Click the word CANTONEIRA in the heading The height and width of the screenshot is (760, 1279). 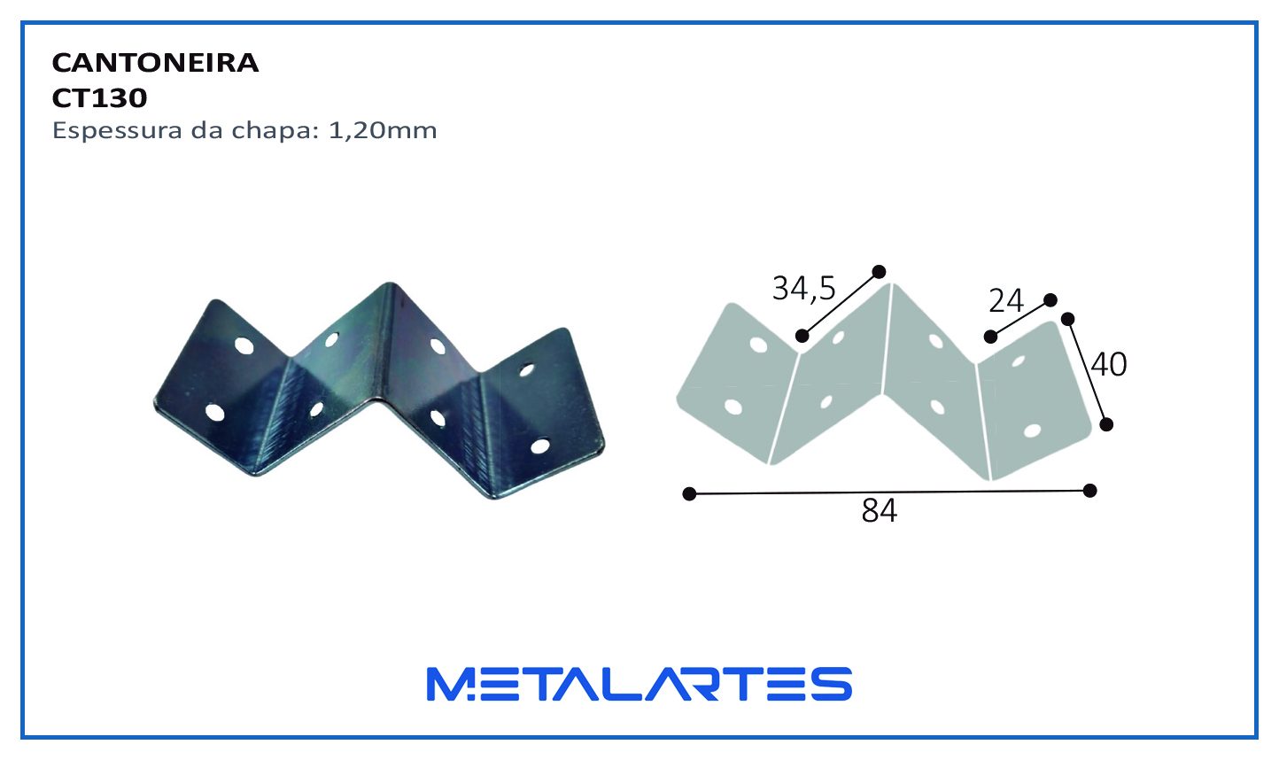tap(155, 63)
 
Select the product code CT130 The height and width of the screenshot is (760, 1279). tap(99, 98)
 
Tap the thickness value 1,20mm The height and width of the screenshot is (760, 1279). tap(383, 131)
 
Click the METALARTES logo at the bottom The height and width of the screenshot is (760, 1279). tap(639, 684)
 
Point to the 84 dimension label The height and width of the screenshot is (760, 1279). tap(879, 510)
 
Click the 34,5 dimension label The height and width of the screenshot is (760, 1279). tap(803, 289)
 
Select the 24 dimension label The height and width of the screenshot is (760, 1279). tap(1006, 301)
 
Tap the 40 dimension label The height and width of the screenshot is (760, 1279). tap(1109, 364)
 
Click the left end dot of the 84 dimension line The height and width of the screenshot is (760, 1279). tap(689, 493)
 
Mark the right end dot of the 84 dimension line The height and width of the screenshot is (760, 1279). tap(1089, 491)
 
